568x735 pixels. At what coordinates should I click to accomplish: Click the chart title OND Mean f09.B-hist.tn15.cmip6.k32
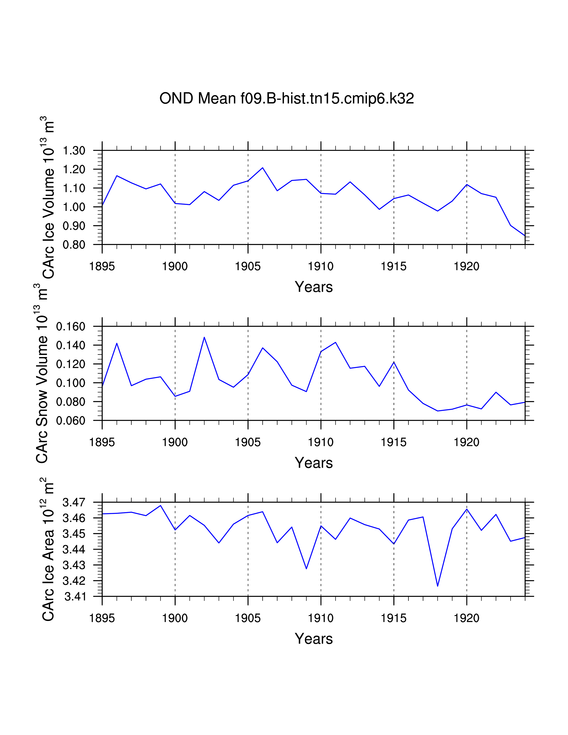point(286,99)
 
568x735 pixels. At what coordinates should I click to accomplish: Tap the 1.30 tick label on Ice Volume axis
point(74,151)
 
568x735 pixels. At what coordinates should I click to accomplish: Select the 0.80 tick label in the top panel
point(74,245)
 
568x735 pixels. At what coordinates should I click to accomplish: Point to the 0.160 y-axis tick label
point(71,327)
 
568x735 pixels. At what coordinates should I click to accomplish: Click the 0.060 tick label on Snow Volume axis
point(71,421)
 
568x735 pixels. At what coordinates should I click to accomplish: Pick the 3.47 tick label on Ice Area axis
point(74,503)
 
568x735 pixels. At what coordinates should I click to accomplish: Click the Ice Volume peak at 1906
point(262,167)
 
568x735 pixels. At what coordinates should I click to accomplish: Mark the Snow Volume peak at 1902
point(204,337)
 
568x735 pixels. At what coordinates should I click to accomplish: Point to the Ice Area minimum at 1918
point(437,586)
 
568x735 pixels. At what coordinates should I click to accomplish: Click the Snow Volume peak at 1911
point(335,343)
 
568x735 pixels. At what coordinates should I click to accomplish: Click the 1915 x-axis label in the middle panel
point(393,442)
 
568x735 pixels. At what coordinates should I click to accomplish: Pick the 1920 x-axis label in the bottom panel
point(466,618)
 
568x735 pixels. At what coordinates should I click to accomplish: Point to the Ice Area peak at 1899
point(161,506)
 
